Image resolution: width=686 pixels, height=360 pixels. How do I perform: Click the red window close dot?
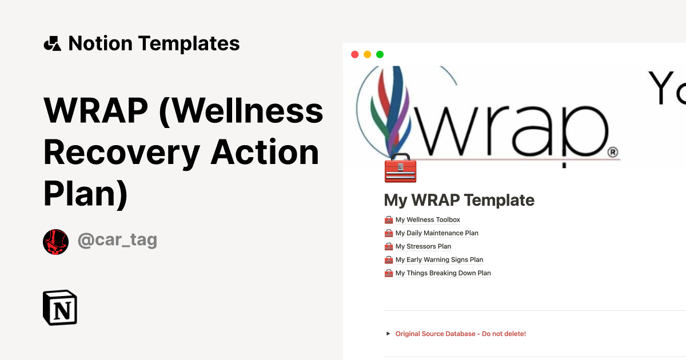[354, 54]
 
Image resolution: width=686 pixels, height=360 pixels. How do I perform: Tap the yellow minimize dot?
[367, 54]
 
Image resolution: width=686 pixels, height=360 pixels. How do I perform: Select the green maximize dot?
[380, 54]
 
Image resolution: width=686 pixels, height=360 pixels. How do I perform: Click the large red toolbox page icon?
[400, 168]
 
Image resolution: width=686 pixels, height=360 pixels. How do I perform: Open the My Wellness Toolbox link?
[428, 220]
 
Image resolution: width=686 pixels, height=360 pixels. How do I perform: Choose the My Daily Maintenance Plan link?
[437, 233]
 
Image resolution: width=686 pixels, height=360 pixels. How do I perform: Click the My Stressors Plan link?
[423, 247]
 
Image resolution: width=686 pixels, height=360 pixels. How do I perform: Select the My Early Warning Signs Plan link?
[439, 260]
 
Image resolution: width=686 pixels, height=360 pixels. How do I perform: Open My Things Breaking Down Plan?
[443, 273]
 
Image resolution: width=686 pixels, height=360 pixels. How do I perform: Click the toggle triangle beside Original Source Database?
[388, 334]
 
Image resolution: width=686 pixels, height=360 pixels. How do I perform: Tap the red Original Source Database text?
[460, 334]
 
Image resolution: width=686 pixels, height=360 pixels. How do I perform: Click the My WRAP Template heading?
[459, 200]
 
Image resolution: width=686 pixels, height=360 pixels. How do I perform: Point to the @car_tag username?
[117, 241]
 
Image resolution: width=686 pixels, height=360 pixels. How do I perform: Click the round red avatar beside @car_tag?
[55, 242]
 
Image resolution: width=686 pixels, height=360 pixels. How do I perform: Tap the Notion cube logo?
[60, 307]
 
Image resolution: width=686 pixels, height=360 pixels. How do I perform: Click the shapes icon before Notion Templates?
[52, 43]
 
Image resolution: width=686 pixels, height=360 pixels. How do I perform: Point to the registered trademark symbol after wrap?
[612, 153]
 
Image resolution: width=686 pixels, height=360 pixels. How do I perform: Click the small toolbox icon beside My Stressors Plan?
[389, 247]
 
